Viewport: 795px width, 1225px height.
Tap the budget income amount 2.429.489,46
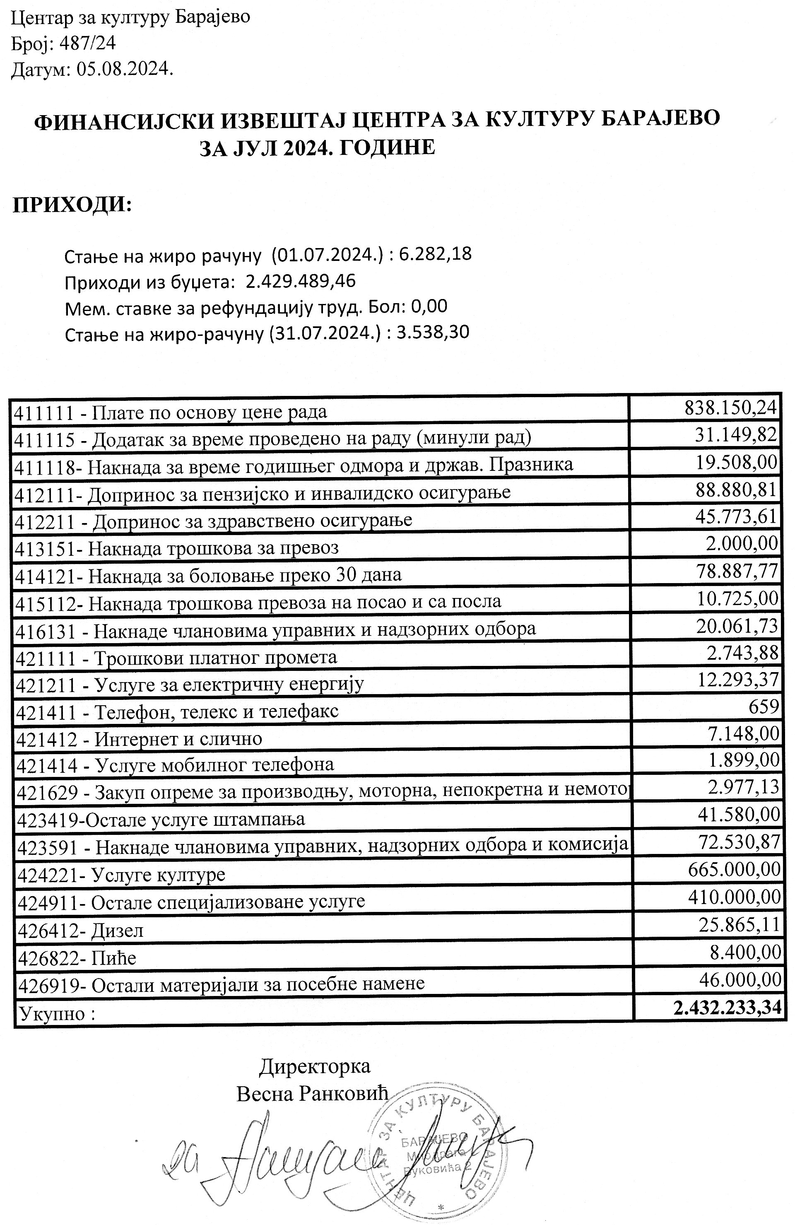301,281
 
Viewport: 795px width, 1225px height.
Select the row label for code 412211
214,520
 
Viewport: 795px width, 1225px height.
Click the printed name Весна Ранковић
312,1094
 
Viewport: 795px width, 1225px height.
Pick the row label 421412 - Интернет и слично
140,739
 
